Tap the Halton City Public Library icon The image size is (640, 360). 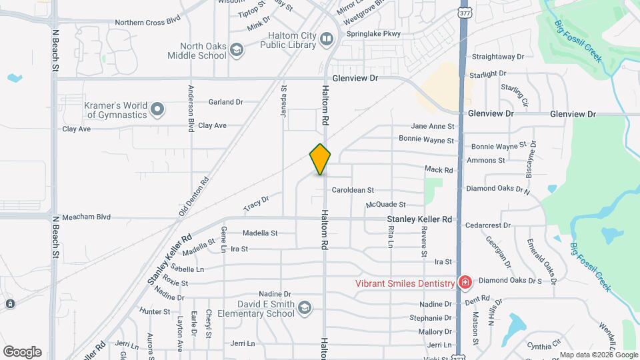point(327,40)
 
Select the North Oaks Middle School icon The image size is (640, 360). point(236,50)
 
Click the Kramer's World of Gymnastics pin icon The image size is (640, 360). point(157,109)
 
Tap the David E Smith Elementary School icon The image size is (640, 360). point(304,307)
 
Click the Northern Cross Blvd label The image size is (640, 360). point(147,21)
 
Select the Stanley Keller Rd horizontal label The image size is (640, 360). point(419,219)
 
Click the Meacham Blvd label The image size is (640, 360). point(86,217)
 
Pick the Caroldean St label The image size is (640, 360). point(353,190)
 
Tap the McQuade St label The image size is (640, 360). point(385,205)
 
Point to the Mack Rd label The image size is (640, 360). point(439,170)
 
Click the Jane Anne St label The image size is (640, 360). point(432,126)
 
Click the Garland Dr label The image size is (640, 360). point(225,102)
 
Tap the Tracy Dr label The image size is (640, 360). point(256,203)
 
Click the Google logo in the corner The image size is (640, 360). point(22,351)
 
